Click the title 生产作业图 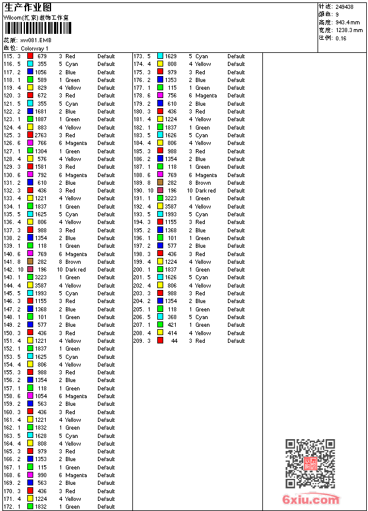28,7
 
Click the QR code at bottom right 310,463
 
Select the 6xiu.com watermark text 311,500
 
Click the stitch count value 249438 344,7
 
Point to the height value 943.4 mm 348,22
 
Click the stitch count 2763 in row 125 40,135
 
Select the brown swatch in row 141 30,261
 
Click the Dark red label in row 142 75,270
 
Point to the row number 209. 138,341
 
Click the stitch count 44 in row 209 174,341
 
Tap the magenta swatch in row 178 160,96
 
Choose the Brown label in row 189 203,183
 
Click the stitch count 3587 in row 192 170,207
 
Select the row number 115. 8,56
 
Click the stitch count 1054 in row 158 40,396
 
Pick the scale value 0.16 341,38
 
